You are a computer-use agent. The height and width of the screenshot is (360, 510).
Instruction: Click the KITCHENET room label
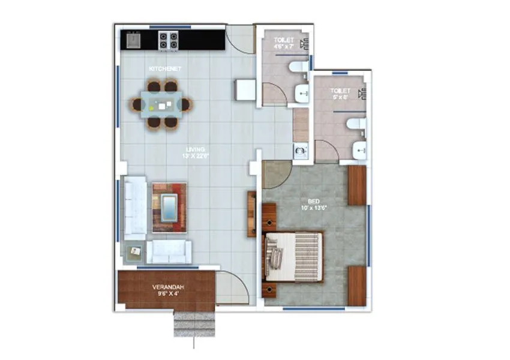tap(165, 69)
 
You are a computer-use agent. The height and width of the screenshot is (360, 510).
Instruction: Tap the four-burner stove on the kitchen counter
tap(167, 40)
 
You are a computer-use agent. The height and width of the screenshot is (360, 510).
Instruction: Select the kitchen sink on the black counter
tap(133, 40)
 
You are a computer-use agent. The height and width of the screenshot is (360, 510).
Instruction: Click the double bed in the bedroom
tap(295, 256)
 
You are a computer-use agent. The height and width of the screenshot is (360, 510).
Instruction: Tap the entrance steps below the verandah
tap(194, 324)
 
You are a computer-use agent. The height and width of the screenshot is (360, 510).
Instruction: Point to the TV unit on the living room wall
tap(251, 214)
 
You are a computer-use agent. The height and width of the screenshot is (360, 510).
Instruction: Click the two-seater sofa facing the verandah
tap(169, 252)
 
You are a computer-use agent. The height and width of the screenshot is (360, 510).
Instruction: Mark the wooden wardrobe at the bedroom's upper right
tap(357, 185)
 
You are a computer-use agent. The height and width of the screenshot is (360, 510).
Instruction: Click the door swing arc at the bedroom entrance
tap(275, 175)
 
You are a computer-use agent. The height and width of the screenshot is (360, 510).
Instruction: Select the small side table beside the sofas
tap(133, 251)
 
